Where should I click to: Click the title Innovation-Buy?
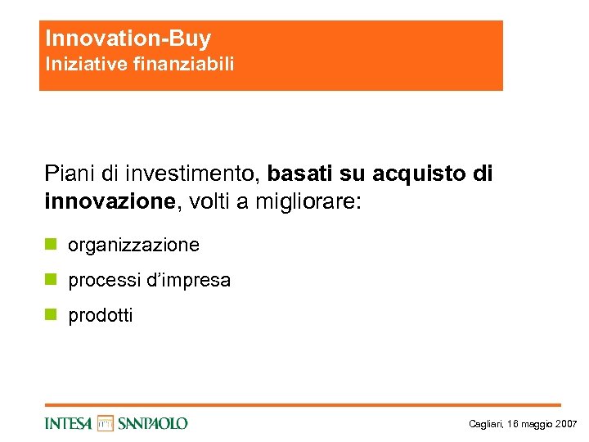128,38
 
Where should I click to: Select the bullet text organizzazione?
133,245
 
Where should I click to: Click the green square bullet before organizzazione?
51,245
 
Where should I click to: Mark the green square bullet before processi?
51,280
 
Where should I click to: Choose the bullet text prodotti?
100,315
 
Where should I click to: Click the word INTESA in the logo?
69,423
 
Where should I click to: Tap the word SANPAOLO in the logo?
152,423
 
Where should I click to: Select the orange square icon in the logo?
105,423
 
